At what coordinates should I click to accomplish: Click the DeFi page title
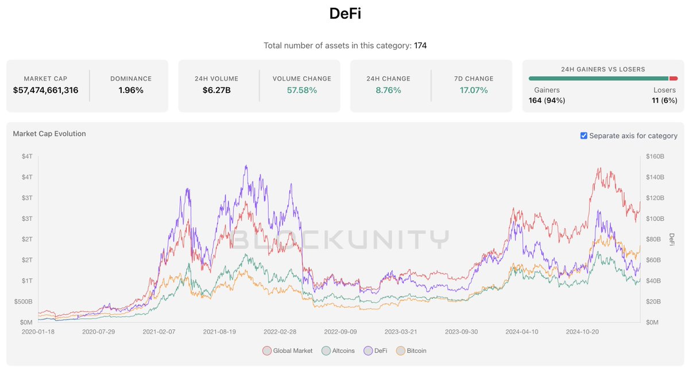tap(344, 14)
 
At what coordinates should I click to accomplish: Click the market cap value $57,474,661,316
tap(45, 90)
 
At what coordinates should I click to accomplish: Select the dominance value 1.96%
tap(131, 90)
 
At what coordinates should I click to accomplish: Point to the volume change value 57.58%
tap(301, 90)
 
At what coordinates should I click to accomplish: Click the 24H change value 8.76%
tap(388, 90)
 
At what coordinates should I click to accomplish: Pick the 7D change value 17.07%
tap(474, 90)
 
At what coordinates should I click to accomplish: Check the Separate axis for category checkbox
tap(584, 136)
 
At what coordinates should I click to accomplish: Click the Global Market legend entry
tap(292, 350)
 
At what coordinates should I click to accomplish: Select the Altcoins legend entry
tap(343, 350)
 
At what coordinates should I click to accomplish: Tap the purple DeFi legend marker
tap(368, 350)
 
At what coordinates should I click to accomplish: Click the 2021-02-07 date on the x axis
tap(159, 331)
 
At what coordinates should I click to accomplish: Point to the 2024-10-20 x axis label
tap(583, 331)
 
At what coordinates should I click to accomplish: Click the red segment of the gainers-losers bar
tap(673, 79)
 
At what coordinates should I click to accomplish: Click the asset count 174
tap(420, 45)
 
